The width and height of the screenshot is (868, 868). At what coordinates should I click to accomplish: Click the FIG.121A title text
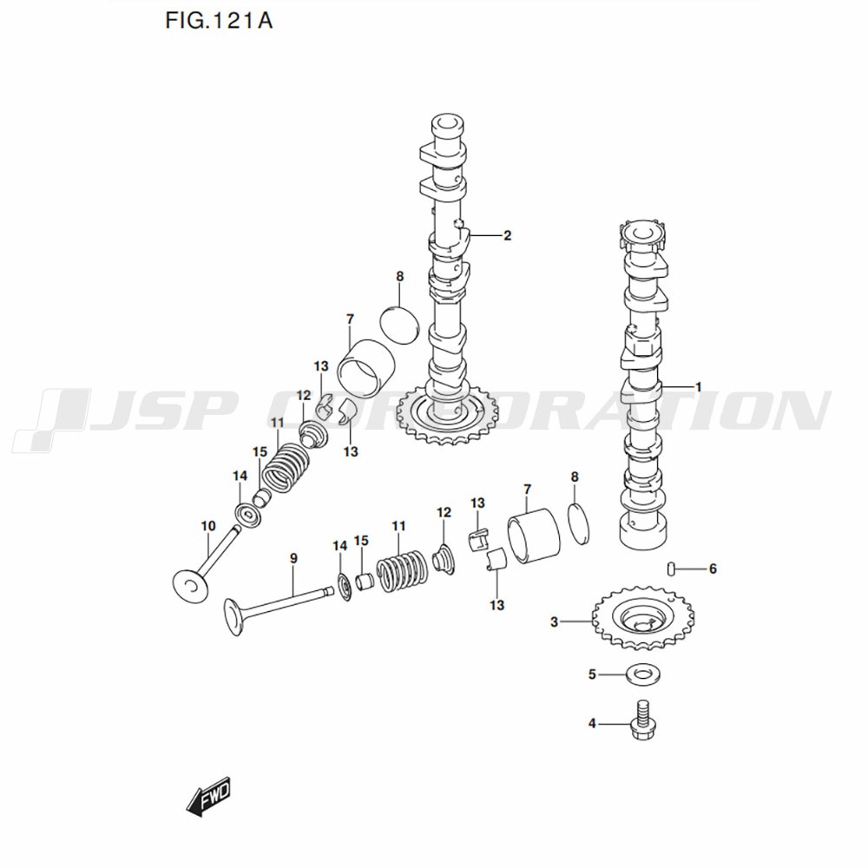218,20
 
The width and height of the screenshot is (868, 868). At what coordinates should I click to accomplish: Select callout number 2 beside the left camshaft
507,235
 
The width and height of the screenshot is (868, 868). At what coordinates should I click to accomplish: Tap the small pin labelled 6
671,569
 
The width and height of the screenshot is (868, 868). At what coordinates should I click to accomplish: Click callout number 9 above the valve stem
293,558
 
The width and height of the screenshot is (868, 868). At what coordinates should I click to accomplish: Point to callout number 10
207,526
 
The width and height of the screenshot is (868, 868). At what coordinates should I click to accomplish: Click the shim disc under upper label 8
400,325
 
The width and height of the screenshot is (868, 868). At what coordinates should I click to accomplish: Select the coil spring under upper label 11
287,464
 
